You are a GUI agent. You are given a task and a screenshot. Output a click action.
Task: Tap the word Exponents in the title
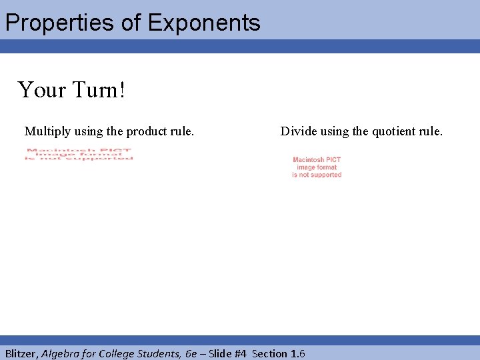(x=204, y=23)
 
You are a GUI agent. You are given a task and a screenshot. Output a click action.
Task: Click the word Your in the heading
(x=41, y=89)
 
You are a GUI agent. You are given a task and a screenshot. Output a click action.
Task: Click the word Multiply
(x=46, y=131)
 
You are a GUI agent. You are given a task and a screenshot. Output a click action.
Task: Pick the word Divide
(x=298, y=131)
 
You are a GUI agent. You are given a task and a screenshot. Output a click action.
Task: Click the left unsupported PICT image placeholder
(x=79, y=154)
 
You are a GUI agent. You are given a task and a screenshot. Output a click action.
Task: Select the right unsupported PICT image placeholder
(x=317, y=167)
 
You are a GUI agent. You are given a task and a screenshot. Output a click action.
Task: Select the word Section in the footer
(x=269, y=353)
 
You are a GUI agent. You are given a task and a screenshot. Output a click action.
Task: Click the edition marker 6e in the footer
(x=191, y=353)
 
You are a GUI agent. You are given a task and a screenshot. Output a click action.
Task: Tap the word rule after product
(x=181, y=131)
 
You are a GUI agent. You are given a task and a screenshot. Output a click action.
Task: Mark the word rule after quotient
(x=429, y=131)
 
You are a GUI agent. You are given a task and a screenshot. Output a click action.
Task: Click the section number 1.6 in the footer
(x=297, y=353)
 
